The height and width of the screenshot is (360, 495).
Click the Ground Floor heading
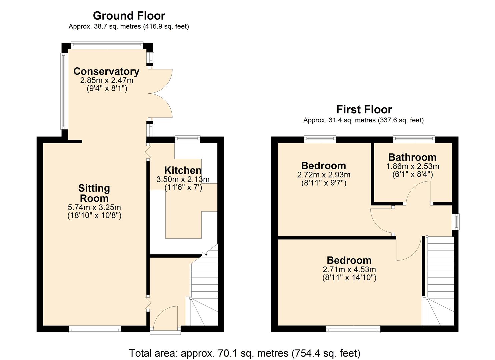tap(129, 16)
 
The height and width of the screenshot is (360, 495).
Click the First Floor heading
tap(364, 109)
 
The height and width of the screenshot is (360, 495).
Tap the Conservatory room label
tap(106, 71)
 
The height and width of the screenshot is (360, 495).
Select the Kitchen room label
tap(183, 170)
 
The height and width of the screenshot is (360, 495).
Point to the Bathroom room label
tap(412, 157)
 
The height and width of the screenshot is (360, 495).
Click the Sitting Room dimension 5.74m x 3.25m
tap(94, 207)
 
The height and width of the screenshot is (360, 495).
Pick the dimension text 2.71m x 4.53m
tap(349, 269)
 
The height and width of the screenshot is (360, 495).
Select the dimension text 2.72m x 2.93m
tap(323, 175)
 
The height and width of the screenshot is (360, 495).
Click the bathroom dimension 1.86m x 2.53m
tap(412, 166)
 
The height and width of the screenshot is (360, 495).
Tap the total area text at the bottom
tap(245, 353)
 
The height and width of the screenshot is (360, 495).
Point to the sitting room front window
tap(95, 329)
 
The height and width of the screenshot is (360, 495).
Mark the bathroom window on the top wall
tap(414, 139)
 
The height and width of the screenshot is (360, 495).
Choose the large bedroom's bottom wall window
tap(353, 329)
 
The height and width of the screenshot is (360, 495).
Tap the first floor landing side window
tap(456, 221)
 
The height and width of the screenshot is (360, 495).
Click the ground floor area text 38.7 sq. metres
tap(129, 26)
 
